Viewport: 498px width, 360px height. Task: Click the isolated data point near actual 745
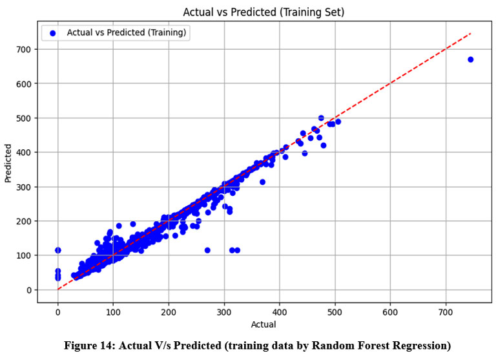[x=470, y=59]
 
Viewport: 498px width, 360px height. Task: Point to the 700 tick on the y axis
[x=28, y=49]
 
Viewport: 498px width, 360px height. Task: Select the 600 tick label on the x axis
[x=389, y=312]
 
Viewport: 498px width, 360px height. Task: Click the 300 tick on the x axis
[x=224, y=312]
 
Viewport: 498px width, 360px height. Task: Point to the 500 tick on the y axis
[x=28, y=118]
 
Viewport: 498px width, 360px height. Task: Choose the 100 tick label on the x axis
[x=113, y=312]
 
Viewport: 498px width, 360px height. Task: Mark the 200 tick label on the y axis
[x=28, y=221]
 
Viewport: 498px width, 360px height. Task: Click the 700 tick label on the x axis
[x=445, y=312]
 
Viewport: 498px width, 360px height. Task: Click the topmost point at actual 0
[x=58, y=250]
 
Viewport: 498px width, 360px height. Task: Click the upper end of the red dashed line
[x=470, y=33]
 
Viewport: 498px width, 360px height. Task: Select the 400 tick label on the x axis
[x=279, y=312]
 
